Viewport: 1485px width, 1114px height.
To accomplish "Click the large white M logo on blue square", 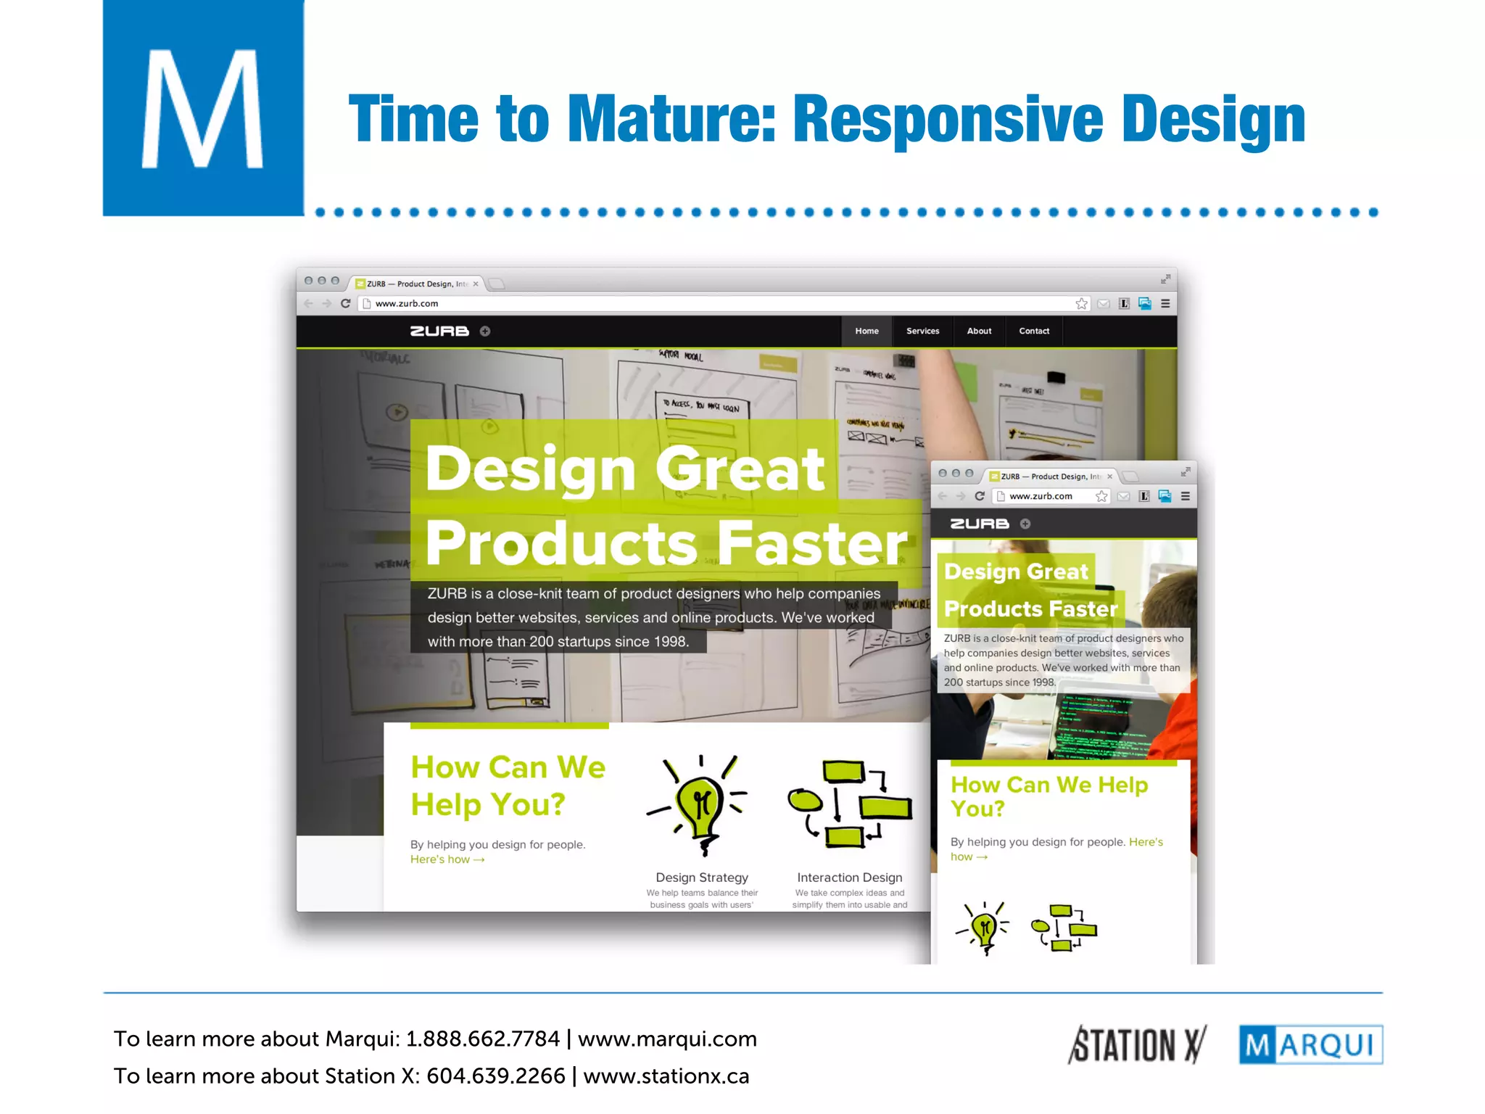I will pyautogui.click(x=202, y=109).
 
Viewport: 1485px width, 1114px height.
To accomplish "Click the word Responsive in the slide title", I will pyautogui.click(x=948, y=119).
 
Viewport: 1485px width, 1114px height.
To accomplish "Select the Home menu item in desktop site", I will pyautogui.click(x=866, y=331).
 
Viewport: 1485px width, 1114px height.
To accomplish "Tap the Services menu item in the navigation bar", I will pyautogui.click(x=922, y=331).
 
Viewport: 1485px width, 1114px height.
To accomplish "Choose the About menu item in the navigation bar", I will pyautogui.click(x=979, y=331).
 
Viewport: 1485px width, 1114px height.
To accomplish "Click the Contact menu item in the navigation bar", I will pyautogui.click(x=1034, y=331).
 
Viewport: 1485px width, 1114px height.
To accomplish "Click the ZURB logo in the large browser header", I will pyautogui.click(x=439, y=331).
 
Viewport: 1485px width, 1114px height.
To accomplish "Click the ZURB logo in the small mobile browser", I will pyautogui.click(x=980, y=524).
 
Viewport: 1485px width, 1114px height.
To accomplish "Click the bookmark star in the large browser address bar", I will pyautogui.click(x=1081, y=304).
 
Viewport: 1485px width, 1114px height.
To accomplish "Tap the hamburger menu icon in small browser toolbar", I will pyautogui.click(x=1186, y=496).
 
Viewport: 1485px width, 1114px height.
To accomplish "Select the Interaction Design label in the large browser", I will pyautogui.click(x=849, y=878).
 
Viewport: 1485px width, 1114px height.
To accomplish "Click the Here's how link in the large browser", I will pyautogui.click(x=447, y=859).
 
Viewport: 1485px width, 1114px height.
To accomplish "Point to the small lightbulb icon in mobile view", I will pyautogui.click(x=983, y=928).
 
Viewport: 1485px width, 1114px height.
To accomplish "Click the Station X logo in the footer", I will pyautogui.click(x=1137, y=1045).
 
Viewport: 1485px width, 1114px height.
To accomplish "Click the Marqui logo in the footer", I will pyautogui.click(x=1310, y=1045).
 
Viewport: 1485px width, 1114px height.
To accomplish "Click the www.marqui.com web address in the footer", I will pyautogui.click(x=667, y=1039).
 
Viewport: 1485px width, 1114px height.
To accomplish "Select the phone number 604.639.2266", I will pyautogui.click(x=495, y=1076).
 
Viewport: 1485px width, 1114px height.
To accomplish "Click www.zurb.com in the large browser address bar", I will pyautogui.click(x=407, y=304).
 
